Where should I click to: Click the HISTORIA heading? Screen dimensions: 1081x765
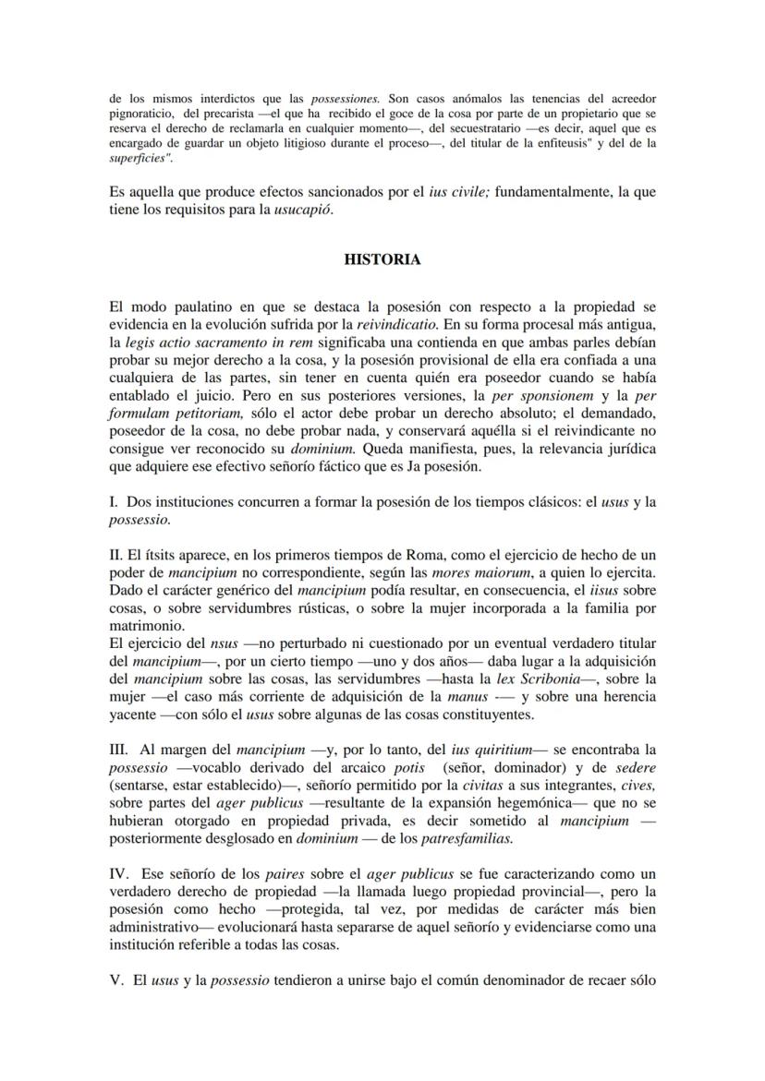coord(382,259)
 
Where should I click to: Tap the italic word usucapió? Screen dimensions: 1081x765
coord(304,210)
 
